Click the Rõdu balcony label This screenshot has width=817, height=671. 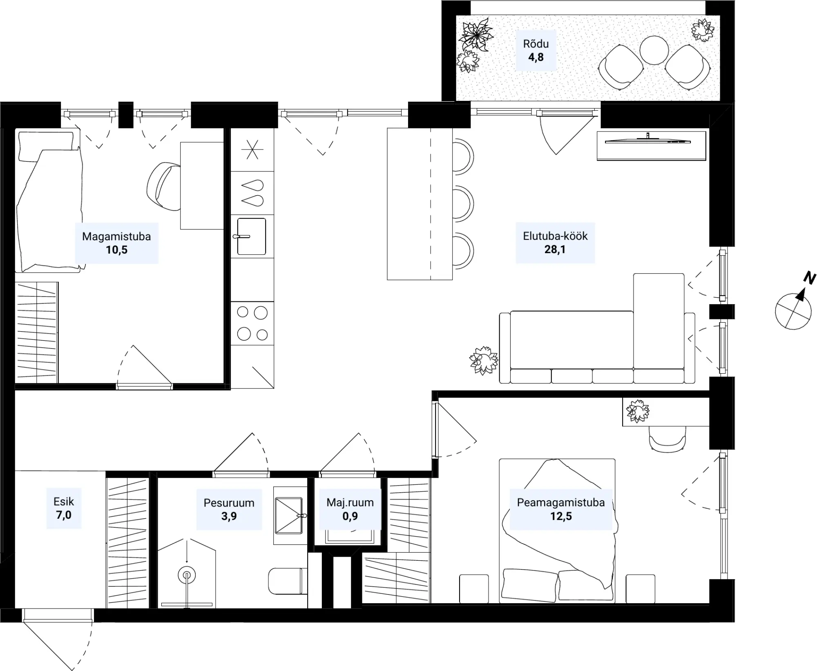(536, 44)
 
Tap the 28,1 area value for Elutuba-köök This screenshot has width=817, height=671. (555, 250)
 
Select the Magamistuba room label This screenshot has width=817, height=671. (116, 236)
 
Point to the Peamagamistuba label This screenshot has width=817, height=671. (560, 503)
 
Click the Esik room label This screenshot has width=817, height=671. (64, 502)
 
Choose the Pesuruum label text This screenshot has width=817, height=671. (229, 503)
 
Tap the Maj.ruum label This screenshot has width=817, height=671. (350, 503)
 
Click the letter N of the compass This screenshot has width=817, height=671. (809, 279)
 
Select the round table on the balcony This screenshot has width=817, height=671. (654, 50)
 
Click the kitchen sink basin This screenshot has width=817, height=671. (252, 236)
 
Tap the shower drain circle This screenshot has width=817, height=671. (187, 575)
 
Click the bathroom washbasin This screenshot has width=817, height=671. (289, 515)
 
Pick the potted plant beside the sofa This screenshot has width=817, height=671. (484, 360)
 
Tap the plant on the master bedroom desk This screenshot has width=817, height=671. (638, 411)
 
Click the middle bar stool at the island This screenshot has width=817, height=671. (463, 203)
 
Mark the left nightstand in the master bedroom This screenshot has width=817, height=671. (474, 589)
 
